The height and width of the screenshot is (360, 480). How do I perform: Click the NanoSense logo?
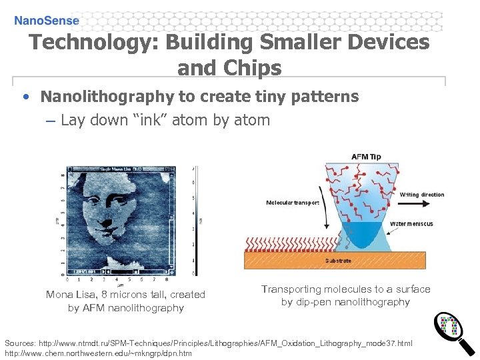coord(47,21)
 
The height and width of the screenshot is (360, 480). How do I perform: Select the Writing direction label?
coord(422,195)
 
